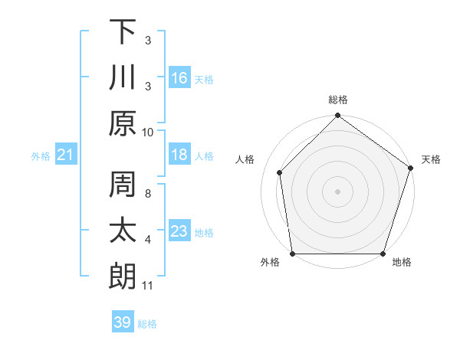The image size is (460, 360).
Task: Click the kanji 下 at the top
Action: tap(123, 32)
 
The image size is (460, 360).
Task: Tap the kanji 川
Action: tap(123, 78)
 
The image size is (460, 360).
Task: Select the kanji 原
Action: tap(123, 123)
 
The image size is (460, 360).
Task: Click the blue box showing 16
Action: tap(179, 78)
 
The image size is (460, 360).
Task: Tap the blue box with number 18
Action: tap(179, 155)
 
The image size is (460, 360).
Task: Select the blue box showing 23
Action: tap(179, 232)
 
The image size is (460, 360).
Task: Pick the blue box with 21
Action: tap(66, 155)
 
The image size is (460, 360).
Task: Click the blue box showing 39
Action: tap(123, 322)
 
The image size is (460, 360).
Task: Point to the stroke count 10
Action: tap(148, 132)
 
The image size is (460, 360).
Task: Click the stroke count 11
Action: tap(148, 286)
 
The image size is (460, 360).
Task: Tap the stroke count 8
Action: tap(148, 185)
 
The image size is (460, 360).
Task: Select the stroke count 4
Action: tap(148, 240)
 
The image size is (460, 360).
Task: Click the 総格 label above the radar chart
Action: tap(338, 100)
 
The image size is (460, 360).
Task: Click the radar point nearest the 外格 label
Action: tap(293, 254)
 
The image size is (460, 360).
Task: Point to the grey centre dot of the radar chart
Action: tap(338, 191)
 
